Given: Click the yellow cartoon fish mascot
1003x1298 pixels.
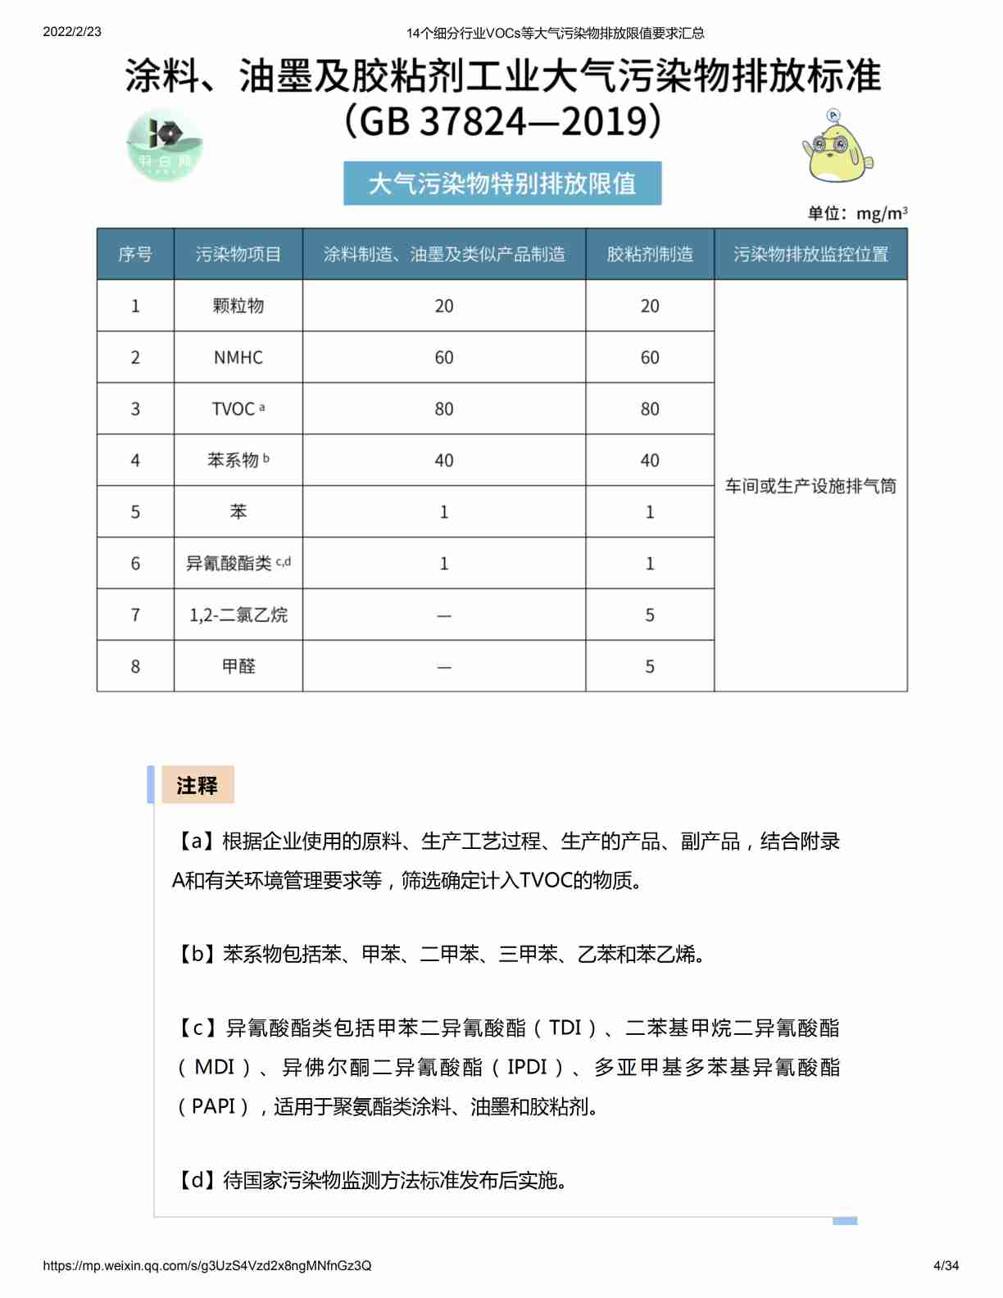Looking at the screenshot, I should (x=837, y=147).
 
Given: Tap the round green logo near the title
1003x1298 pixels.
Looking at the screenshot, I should (x=165, y=145).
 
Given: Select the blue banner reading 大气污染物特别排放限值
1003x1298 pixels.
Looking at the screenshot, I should (x=502, y=184).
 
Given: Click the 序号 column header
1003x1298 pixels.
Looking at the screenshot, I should (x=135, y=254).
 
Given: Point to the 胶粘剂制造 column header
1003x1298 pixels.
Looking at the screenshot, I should (x=650, y=254).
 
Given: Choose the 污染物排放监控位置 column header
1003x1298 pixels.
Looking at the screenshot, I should (x=810, y=254).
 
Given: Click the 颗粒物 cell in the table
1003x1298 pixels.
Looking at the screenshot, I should (x=238, y=306).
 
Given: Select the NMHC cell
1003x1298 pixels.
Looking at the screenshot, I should (x=238, y=357).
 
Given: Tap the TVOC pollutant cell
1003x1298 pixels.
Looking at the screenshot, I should (x=238, y=409).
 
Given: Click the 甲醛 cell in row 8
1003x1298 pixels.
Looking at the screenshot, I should (x=238, y=666).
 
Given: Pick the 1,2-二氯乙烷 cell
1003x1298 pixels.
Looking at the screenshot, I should (x=238, y=615).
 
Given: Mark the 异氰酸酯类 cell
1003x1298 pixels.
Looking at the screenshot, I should (x=238, y=563).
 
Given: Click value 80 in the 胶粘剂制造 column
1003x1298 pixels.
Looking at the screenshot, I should (x=650, y=409).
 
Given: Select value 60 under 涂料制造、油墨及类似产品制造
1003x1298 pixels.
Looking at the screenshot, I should (x=444, y=357).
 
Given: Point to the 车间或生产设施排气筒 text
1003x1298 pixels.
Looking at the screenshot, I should (x=810, y=486).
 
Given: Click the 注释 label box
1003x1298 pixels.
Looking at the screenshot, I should (x=197, y=785).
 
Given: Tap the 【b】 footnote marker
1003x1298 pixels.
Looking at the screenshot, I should (x=197, y=954).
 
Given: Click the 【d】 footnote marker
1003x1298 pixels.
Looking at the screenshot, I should (x=197, y=1180).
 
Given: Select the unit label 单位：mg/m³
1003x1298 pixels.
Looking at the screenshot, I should (x=857, y=214).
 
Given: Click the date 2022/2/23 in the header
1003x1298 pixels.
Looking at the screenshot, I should (x=72, y=32).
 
